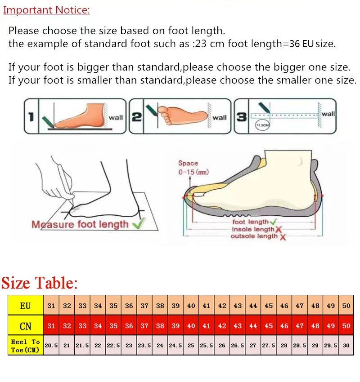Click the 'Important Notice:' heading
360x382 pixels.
[x=46, y=10]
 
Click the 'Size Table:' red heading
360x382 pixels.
[x=40, y=283]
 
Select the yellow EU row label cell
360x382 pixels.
[x=26, y=306]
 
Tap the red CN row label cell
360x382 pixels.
[x=26, y=326]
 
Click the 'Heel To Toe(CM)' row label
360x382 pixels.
[x=26, y=346]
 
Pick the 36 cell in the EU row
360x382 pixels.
[x=129, y=306]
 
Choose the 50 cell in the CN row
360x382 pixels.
[x=346, y=326]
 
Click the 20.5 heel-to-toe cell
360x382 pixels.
[x=51, y=346]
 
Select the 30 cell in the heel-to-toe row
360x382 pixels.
[x=346, y=346]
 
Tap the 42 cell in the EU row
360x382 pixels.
[x=222, y=306]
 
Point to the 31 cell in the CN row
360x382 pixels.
[x=51, y=326]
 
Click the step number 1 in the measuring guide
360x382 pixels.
[x=31, y=117]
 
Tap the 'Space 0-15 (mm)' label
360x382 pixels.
[x=193, y=168]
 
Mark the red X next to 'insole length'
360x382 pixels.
[x=279, y=230]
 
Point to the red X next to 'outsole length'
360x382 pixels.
[x=283, y=237]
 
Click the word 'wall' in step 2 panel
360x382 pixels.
[x=220, y=118]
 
